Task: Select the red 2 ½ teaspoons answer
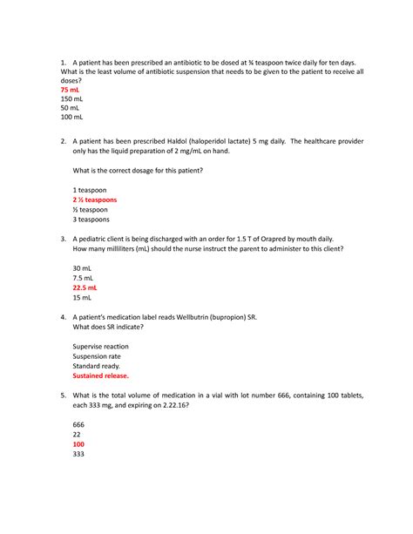(x=95, y=199)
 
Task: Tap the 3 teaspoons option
(x=94, y=220)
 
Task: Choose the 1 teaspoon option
(x=91, y=189)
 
